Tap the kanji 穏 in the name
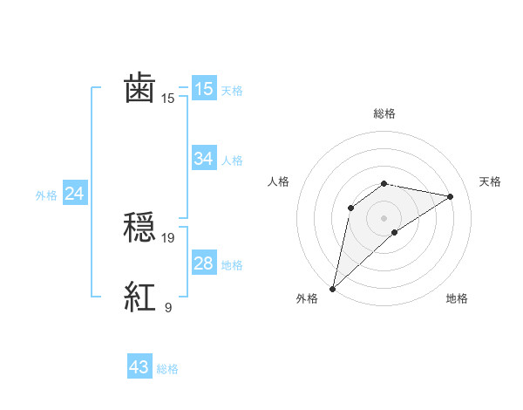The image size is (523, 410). click(140, 229)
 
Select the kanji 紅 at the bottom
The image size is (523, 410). click(140, 298)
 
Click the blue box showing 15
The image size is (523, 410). click(203, 89)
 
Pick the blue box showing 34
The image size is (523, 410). click(203, 159)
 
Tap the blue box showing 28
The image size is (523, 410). click(203, 263)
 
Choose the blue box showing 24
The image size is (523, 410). click(75, 194)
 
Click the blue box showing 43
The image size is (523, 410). click(139, 367)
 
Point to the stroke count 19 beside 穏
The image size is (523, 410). click(168, 237)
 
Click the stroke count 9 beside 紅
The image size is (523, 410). click(168, 307)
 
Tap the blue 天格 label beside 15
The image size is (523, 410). click(232, 91)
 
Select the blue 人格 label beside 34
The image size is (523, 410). click(232, 161)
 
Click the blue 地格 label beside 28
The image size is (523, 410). click(232, 265)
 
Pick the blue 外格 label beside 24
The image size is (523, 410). click(46, 195)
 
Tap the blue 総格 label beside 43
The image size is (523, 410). click(167, 369)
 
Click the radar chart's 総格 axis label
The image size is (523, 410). click(384, 113)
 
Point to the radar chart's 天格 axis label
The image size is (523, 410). click(490, 181)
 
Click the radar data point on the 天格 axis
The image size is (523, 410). click(451, 196)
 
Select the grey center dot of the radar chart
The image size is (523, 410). click(384, 217)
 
